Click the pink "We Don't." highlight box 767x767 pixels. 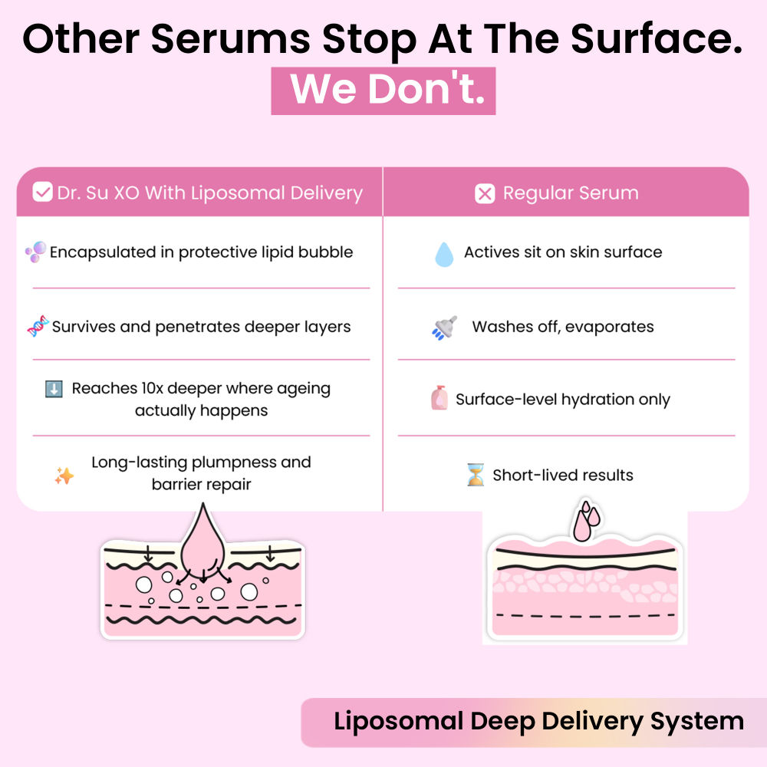pyautogui.click(x=383, y=91)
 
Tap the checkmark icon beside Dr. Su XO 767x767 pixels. pyautogui.click(x=42, y=193)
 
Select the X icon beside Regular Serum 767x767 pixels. pyautogui.click(x=485, y=193)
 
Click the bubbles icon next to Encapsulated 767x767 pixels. pyautogui.click(x=35, y=252)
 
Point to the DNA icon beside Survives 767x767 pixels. pyautogui.click(x=38, y=327)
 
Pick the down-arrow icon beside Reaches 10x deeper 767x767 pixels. pyautogui.click(x=54, y=389)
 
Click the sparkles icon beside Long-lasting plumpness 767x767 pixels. pyautogui.click(x=64, y=476)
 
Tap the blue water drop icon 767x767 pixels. pyautogui.click(x=444, y=254)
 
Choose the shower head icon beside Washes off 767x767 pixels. pyautogui.click(x=445, y=328)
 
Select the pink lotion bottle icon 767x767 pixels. pyautogui.click(x=439, y=399)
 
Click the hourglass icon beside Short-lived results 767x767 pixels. pyautogui.click(x=476, y=475)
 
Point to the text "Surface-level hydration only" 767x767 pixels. pyautogui.click(x=563, y=400)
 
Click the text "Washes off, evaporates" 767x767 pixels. pyautogui.click(x=563, y=327)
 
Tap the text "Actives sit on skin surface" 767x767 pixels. pyautogui.click(x=563, y=252)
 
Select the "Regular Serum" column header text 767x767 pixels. pyautogui.click(x=571, y=193)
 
